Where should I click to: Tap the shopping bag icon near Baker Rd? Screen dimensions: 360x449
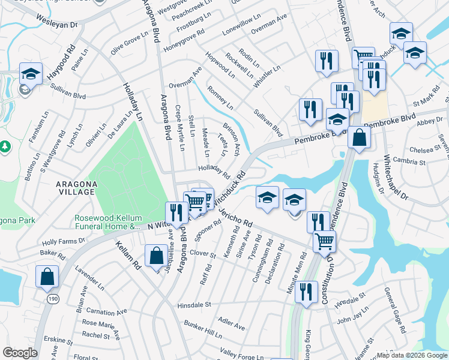(47, 278)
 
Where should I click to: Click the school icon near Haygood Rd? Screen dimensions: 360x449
(31, 74)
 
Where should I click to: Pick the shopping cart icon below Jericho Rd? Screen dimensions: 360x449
(324, 241)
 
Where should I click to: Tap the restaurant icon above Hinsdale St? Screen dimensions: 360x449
(307, 292)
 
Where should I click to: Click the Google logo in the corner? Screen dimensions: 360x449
(20, 353)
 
